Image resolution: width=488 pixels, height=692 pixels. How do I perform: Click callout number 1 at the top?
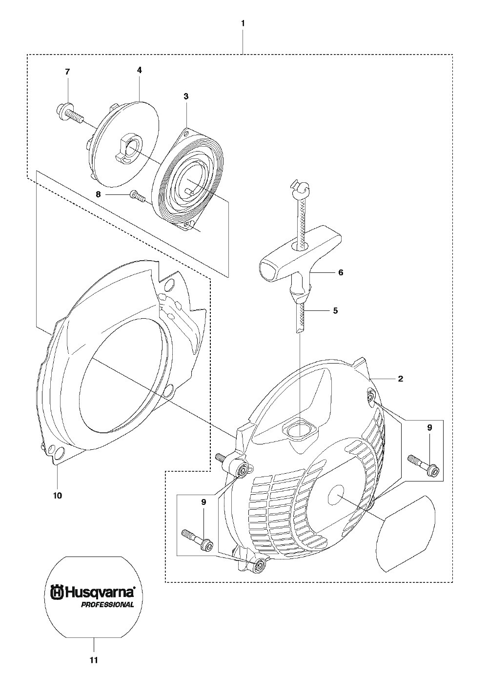click(243, 23)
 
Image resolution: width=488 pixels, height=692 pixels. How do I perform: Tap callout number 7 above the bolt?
click(67, 72)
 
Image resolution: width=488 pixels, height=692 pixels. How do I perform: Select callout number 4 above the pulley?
click(139, 70)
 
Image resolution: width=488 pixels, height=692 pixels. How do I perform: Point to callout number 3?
click(185, 96)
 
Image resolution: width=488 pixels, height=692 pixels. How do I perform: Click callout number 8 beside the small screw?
click(99, 194)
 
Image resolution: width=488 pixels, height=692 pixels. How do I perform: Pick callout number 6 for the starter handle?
click(341, 272)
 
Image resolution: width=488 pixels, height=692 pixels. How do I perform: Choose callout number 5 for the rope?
click(335, 310)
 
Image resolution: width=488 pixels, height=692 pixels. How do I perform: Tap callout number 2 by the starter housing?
click(401, 379)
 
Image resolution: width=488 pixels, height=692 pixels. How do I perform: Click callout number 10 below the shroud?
click(58, 496)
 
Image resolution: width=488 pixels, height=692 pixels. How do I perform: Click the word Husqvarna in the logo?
click(100, 592)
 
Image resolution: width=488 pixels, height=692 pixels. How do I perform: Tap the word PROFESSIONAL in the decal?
click(107, 605)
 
